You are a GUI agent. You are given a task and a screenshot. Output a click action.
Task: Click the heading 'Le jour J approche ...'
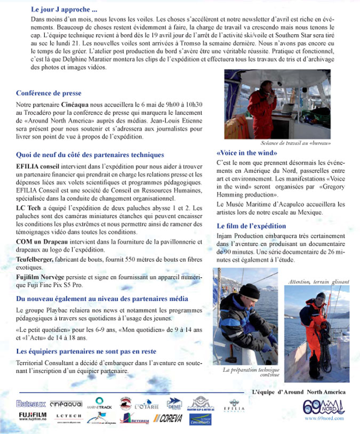64,10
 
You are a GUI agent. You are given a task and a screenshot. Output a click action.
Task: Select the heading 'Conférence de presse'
49,93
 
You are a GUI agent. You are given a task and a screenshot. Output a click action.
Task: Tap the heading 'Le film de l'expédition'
251,226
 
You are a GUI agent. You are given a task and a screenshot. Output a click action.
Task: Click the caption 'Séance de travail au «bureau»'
295,143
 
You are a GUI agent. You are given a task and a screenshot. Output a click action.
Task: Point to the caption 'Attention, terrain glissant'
319,282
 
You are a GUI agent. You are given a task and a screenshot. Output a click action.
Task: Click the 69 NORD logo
324,407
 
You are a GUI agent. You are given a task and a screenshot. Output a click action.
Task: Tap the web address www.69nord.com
324,419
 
